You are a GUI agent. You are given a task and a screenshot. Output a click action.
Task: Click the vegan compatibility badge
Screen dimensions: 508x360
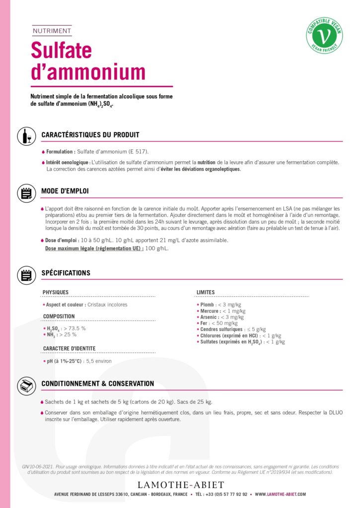[x=324, y=35]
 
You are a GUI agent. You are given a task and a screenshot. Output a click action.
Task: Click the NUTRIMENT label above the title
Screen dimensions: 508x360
[x=52, y=31]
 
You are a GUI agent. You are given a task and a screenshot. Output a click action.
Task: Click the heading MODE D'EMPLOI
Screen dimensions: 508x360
[x=65, y=191]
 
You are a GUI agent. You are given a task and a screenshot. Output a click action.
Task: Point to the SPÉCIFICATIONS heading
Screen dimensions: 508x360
[x=66, y=273]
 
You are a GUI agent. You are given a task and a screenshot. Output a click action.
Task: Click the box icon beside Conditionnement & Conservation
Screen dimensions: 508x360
[x=26, y=385]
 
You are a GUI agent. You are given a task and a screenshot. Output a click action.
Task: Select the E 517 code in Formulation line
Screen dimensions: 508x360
[x=137, y=151]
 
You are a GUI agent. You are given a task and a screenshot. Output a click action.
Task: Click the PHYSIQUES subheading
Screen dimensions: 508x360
[x=56, y=292]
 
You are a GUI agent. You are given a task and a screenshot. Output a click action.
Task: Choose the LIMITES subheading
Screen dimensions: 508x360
[x=206, y=292]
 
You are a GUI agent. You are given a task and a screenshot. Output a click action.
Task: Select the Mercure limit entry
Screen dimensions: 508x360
[x=221, y=311]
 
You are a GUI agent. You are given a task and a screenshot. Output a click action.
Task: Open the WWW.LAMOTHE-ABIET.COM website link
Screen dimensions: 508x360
[x=281, y=495]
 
